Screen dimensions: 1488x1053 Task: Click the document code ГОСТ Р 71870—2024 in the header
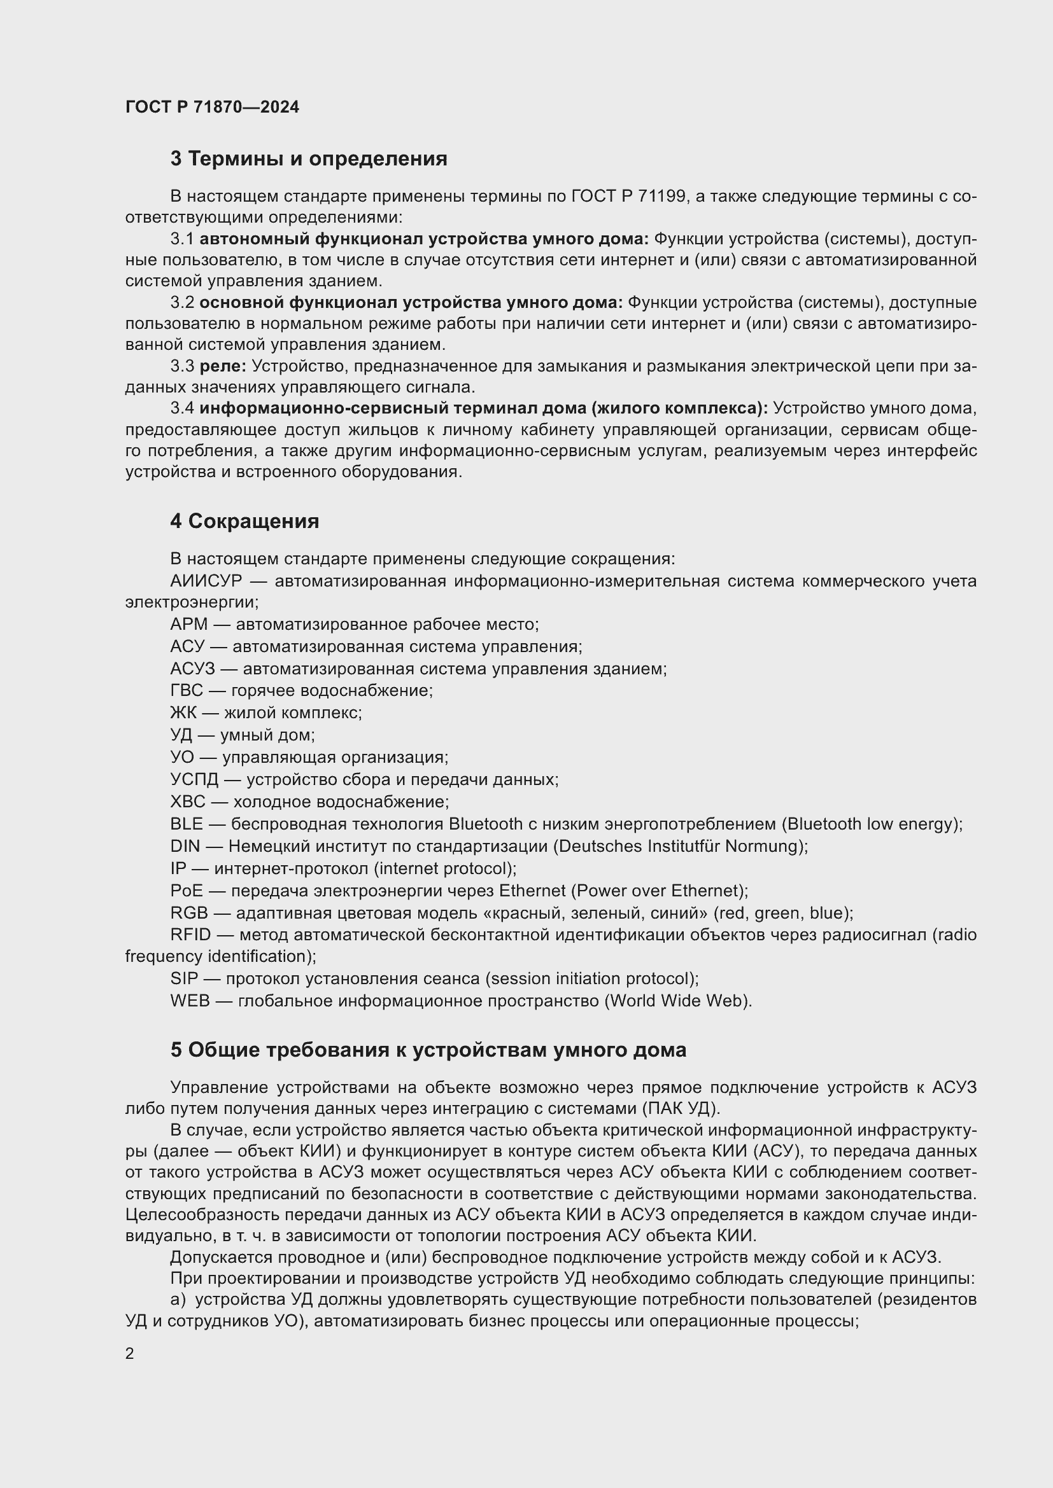(x=212, y=107)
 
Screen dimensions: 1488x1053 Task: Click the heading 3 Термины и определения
(x=309, y=159)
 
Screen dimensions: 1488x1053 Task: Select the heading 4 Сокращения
(x=244, y=521)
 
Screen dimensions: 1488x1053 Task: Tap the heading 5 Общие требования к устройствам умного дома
(x=428, y=1050)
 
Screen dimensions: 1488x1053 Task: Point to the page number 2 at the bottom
(x=130, y=1353)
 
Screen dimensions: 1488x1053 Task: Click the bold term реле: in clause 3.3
(x=222, y=367)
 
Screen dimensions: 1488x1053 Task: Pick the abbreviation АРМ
(x=188, y=625)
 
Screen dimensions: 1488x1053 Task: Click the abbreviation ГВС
(x=186, y=691)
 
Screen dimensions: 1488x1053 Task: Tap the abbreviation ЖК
(x=183, y=713)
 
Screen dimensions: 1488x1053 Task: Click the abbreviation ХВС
(x=187, y=802)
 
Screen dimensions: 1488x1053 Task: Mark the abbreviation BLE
(x=186, y=824)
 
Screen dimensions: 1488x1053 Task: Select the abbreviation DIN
(x=185, y=846)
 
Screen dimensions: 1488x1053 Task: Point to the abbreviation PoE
(x=186, y=891)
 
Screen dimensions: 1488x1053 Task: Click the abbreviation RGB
(x=188, y=913)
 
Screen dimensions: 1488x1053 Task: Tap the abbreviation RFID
(x=190, y=935)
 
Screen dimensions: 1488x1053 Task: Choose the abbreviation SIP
(x=183, y=978)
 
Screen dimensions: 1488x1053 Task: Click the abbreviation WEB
(x=190, y=1001)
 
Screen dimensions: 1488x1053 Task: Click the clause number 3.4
(x=181, y=409)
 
